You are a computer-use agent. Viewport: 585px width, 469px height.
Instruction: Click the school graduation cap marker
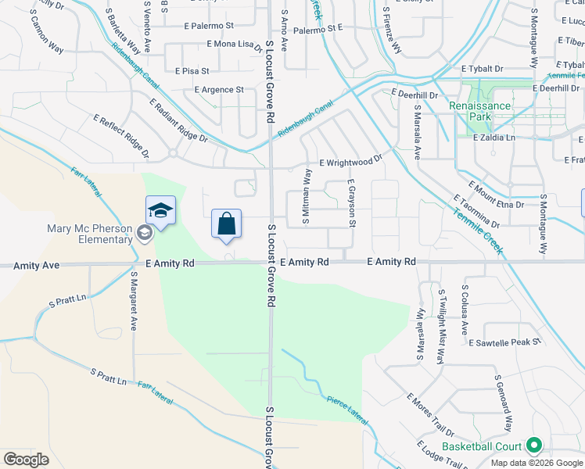[160, 211]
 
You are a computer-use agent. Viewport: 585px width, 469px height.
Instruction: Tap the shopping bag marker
[226, 224]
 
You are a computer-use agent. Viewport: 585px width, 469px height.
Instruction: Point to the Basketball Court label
[482, 446]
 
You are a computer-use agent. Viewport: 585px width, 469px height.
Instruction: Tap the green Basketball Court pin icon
[535, 446]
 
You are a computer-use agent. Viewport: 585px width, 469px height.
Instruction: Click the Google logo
[27, 459]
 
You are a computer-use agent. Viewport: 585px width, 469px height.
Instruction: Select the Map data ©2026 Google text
[537, 463]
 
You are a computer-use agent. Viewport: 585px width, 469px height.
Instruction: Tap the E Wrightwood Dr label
[350, 161]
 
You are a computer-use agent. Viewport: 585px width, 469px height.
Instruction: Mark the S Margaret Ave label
[134, 302]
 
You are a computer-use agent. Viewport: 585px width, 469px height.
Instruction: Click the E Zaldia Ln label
[495, 137]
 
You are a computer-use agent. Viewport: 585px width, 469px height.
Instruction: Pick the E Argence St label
[218, 90]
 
